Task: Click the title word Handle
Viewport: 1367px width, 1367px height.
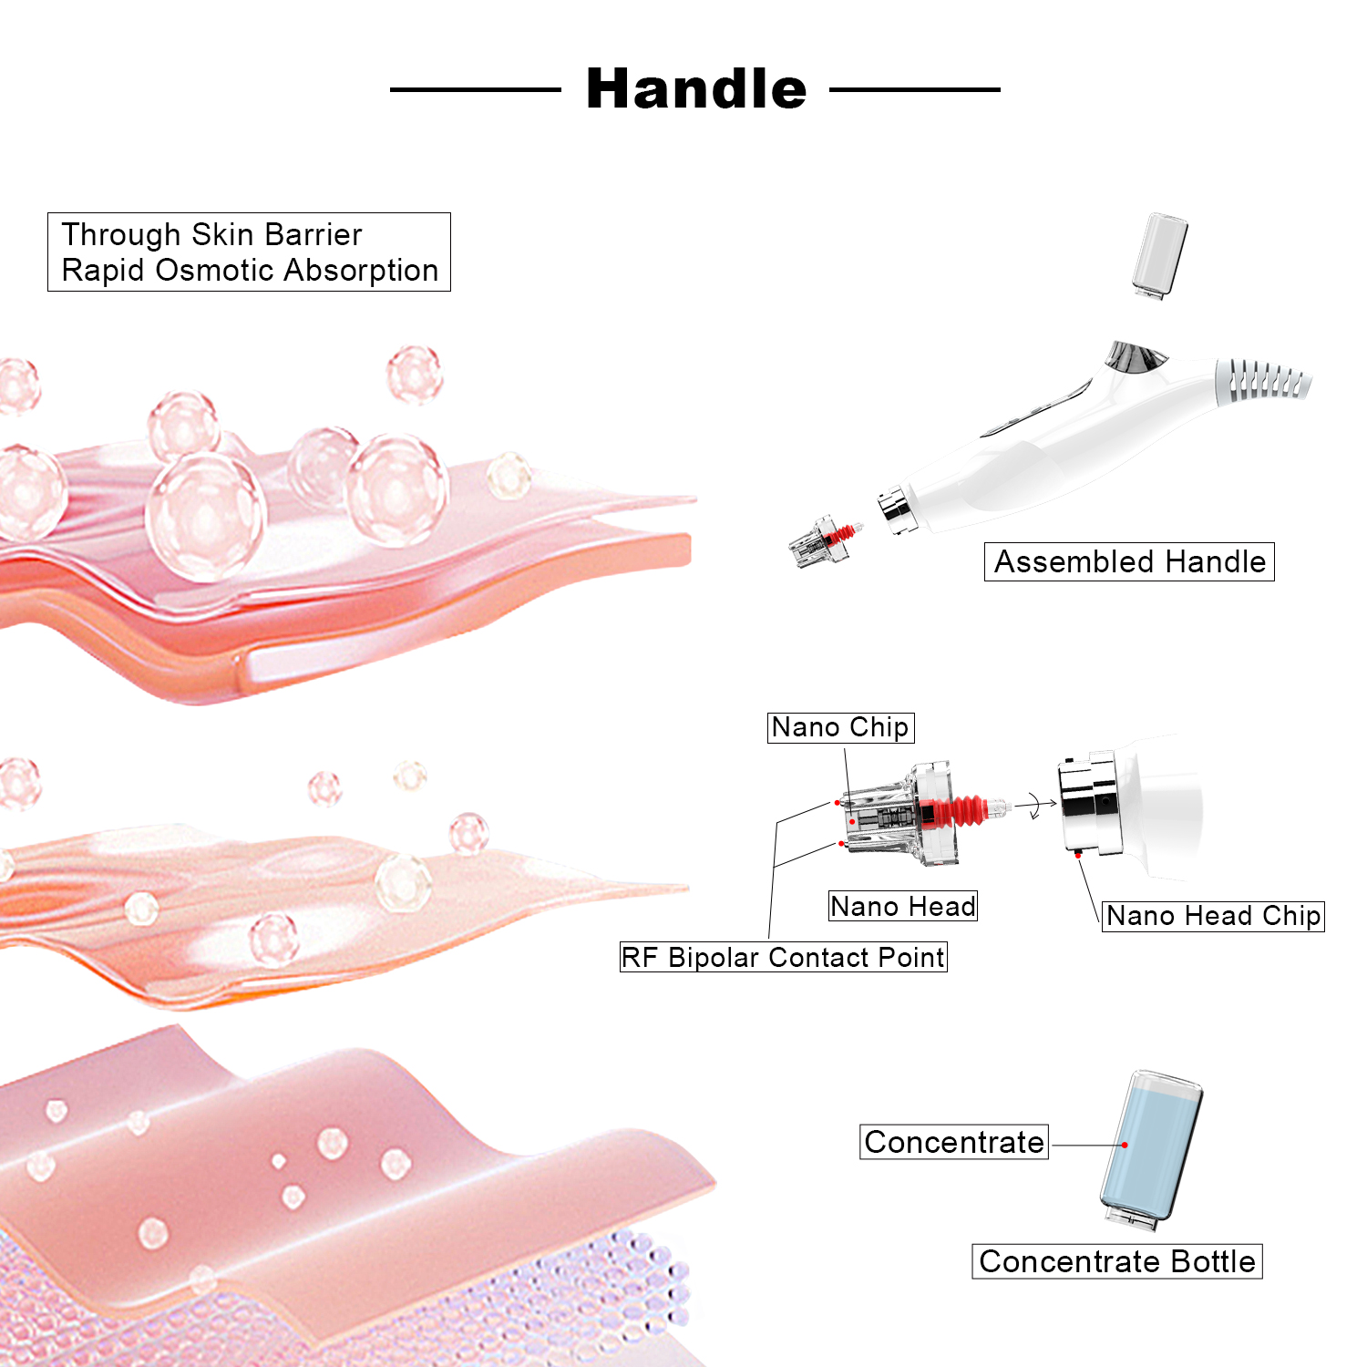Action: [696, 89]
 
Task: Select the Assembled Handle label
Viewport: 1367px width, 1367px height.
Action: [1129, 561]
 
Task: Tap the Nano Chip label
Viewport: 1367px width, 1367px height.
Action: [839, 727]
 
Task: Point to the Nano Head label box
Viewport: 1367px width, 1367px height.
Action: [902, 906]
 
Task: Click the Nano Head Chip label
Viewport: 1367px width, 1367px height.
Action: [1213, 916]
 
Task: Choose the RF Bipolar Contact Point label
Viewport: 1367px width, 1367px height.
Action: [783, 957]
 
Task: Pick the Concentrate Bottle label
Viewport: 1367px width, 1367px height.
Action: [1116, 1261]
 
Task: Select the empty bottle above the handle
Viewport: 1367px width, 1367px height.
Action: [1160, 254]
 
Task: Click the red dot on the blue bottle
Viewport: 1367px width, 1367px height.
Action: [1125, 1145]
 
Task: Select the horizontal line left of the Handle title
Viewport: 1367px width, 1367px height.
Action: [475, 89]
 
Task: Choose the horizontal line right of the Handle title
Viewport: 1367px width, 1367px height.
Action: [915, 89]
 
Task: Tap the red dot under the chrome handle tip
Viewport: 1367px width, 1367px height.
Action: [1078, 855]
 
